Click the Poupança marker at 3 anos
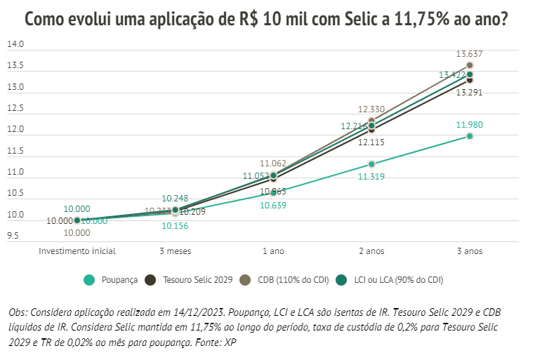click(x=470, y=136)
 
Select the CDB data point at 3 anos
click(x=470, y=65)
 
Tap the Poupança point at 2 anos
click(x=371, y=164)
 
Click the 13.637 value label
click(x=470, y=53)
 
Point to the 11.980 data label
click(x=469, y=125)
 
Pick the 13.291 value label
click(x=469, y=92)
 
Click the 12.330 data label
click(x=371, y=109)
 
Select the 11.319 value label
click(x=371, y=177)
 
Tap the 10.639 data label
click(x=273, y=206)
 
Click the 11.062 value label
click(x=273, y=163)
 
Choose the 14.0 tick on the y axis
click(x=15, y=45)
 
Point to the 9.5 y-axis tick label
click(x=14, y=236)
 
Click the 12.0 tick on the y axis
click(x=15, y=130)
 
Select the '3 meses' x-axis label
click(x=175, y=251)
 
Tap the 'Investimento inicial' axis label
click(x=77, y=251)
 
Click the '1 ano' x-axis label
click(x=273, y=251)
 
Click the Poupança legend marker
click(x=90, y=280)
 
